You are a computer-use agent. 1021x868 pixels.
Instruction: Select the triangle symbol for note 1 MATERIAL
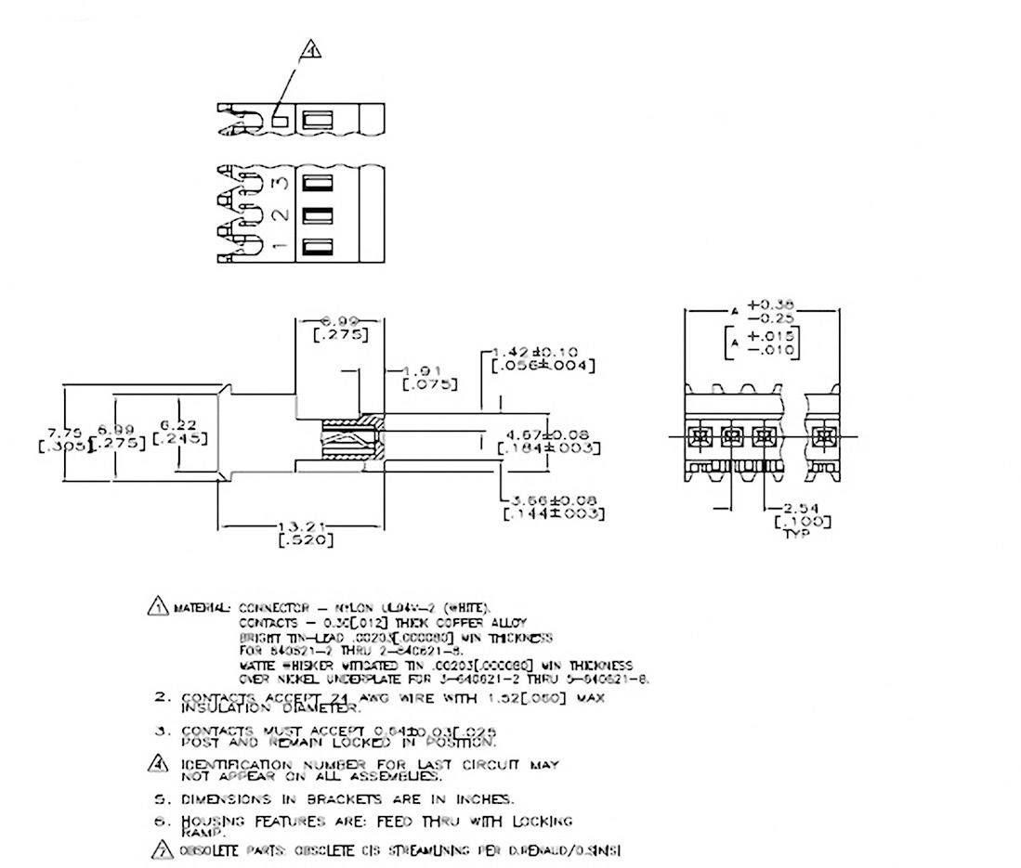tap(157, 607)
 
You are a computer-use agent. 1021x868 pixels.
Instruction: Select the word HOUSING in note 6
tap(214, 821)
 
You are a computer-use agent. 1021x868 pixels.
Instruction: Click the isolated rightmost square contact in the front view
tap(822, 434)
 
